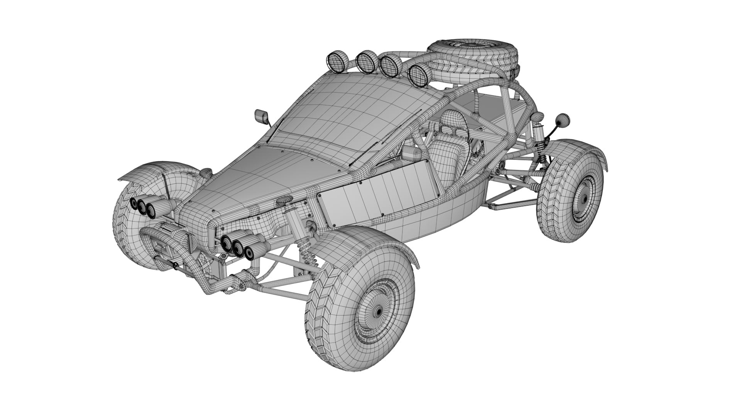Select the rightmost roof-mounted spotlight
tap(418, 75)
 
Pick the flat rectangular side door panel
tap(378, 195)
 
